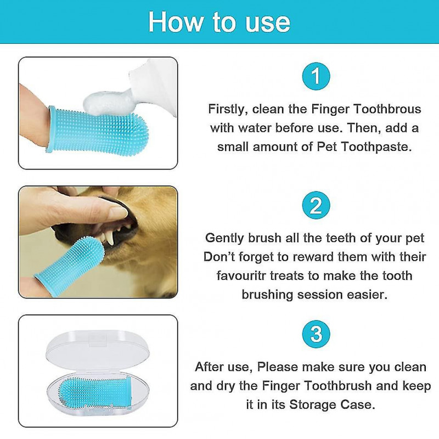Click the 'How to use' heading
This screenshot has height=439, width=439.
(219, 21)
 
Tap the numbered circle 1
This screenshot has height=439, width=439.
(316, 76)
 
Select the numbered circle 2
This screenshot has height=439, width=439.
(316, 205)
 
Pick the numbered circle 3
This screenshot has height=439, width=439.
(316, 334)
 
